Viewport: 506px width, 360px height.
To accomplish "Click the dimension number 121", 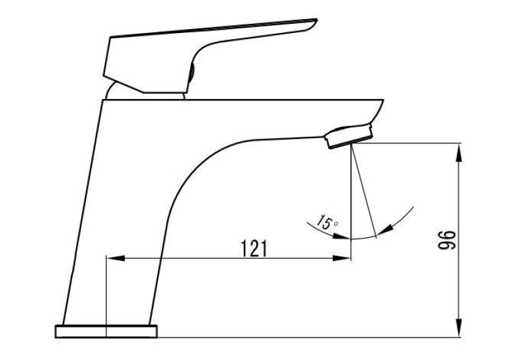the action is (254, 248).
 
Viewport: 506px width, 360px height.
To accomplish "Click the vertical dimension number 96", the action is (447, 240).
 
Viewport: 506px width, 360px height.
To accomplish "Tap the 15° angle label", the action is (326, 223).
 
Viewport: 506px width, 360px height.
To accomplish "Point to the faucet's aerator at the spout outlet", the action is (349, 136).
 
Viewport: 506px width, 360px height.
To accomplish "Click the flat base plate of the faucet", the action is (106, 332).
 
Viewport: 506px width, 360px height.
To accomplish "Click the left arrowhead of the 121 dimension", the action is (116, 258).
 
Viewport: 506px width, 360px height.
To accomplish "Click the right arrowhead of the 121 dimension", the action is (342, 258).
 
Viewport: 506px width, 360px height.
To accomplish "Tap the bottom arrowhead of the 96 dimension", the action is (459, 328).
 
